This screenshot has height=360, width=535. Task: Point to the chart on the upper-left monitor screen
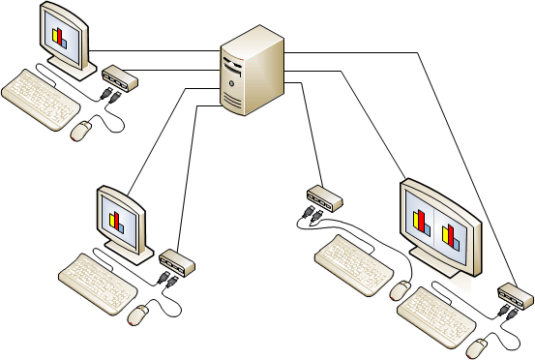point(60,38)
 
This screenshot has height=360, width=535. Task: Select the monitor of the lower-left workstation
point(120,221)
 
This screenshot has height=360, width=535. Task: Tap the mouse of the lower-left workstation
point(140,314)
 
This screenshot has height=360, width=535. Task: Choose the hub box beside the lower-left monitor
point(177,260)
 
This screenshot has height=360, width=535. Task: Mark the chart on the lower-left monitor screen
point(118,221)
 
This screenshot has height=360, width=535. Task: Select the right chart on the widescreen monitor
point(450,234)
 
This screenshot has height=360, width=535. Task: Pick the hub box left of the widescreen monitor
point(323,197)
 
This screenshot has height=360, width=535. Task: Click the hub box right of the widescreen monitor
point(514,291)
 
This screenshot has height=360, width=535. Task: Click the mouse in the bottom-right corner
point(479,346)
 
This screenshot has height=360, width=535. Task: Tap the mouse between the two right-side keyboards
point(400,289)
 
